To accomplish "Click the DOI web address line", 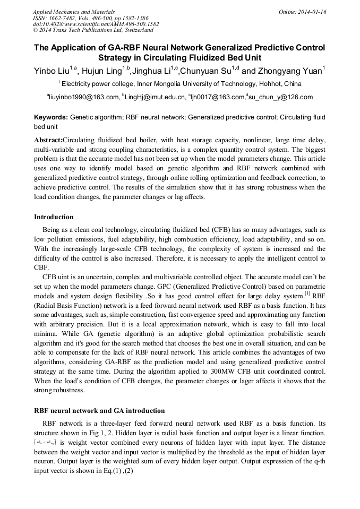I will point(96,24).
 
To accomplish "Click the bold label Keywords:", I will point(50,117).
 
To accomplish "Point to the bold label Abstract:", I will point(48,140).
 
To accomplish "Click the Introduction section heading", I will point(54,217).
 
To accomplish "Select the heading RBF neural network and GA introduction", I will point(99,411).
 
